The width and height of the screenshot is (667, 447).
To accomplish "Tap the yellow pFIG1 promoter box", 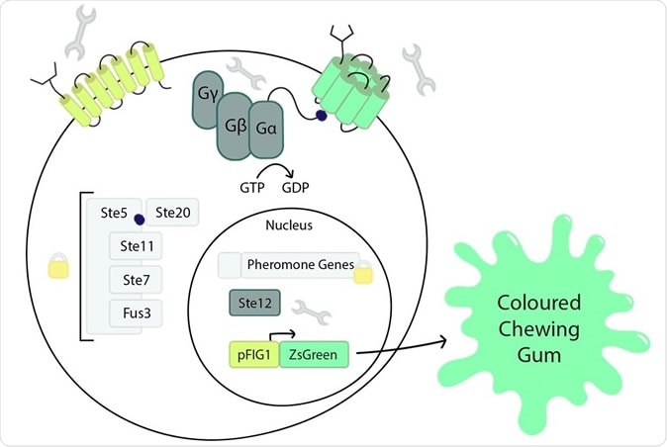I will tap(253, 351).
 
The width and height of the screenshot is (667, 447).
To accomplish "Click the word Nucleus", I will tap(290, 225).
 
